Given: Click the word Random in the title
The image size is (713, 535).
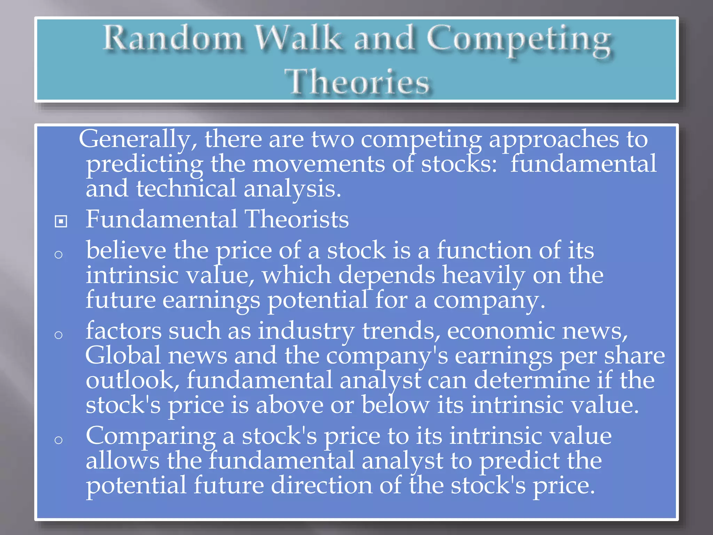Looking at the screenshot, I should point(173,38).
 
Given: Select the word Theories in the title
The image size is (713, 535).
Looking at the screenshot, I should point(356,82).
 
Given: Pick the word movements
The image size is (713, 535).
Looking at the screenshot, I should point(319,164).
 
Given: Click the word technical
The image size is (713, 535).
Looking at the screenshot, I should point(186,188).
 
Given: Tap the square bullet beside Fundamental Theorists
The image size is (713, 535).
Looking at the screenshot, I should point(61,221).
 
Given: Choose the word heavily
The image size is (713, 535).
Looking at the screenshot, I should point(484,275).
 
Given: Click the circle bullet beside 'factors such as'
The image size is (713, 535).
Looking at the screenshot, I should point(58,335).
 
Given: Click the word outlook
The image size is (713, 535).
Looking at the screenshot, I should point(132,380).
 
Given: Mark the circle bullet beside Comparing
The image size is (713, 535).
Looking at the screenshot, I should point(58,440).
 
